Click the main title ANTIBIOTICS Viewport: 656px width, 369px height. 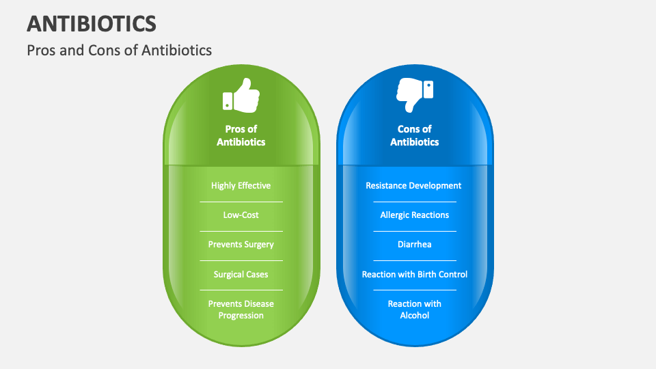coord(92,23)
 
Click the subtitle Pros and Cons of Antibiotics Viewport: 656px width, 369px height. coord(119,50)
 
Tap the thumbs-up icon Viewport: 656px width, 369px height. coord(241,95)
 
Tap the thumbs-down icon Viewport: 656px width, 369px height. coord(415,95)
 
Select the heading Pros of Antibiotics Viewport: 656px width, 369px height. coord(241,135)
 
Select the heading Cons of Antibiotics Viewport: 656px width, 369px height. coord(415,135)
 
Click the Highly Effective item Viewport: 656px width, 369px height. coord(241,185)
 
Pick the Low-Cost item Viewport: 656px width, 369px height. coord(241,215)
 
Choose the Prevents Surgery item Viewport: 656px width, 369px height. coord(241,244)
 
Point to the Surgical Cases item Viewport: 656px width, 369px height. coord(241,274)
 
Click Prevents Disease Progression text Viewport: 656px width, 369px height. coord(241,310)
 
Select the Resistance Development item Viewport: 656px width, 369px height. coord(413,185)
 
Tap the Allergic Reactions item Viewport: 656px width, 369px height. coord(414,215)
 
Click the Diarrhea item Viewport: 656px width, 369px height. coord(414,244)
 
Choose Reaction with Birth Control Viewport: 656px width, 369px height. coord(414,274)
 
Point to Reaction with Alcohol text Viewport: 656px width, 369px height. coord(414,310)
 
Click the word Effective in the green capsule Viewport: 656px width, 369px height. coord(254,185)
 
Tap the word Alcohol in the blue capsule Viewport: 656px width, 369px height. coord(415,316)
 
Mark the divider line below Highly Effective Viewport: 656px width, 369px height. coord(241,202)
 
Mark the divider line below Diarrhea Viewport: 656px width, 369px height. coord(414,260)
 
